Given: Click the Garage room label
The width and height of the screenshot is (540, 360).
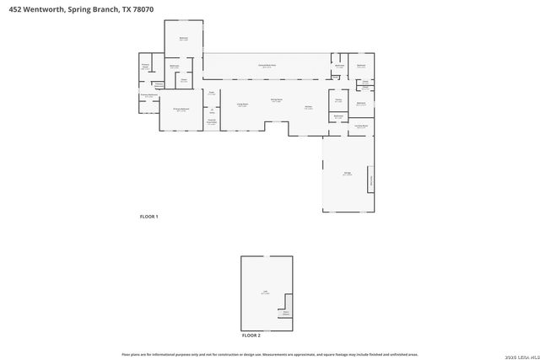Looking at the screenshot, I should point(347,174).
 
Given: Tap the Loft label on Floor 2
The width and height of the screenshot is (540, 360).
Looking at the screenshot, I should point(264,293).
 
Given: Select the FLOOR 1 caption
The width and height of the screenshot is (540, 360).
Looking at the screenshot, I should point(149,217).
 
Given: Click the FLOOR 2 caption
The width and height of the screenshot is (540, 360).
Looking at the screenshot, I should point(251,336).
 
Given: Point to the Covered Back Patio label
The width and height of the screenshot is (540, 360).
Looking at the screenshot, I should point(267,66).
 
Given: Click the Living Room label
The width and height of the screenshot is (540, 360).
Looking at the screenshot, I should point(242,105).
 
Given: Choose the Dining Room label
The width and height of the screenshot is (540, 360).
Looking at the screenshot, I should point(277,101).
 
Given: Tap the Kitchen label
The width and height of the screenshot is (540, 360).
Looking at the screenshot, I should point(309,106).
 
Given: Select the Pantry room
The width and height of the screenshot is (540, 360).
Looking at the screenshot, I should point(337,99).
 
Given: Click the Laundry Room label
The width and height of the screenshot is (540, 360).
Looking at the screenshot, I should point(361,126).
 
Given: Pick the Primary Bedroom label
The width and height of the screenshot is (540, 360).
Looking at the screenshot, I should point(181,110).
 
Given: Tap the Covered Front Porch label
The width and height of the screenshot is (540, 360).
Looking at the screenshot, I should point(213,122).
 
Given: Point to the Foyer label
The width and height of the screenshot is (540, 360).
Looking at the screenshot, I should point(213,93).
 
